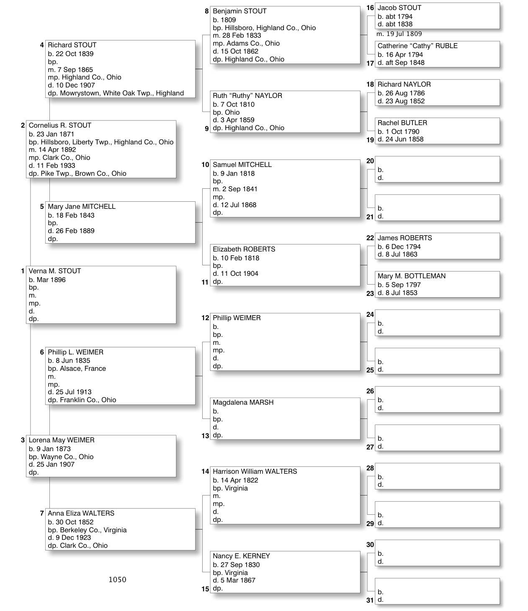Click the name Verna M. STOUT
55,271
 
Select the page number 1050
117,580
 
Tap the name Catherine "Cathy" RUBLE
417,46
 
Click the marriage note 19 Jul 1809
404,34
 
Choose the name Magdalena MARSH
243,403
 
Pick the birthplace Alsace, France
82,369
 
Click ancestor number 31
370,600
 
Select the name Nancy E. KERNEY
241,556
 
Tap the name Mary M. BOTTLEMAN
412,276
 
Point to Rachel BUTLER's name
402,123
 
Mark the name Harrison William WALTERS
255,472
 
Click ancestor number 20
370,161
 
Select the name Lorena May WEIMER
62,440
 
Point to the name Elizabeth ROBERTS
244,249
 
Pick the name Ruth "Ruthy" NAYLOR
247,96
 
